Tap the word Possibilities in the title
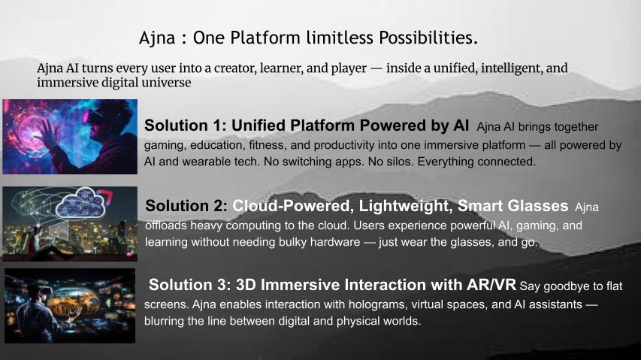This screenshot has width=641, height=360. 428,38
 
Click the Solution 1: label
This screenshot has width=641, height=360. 185,126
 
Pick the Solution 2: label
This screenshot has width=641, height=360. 186,205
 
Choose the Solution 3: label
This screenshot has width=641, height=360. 189,285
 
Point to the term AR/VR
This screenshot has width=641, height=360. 491,285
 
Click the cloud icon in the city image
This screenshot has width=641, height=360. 80,203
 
